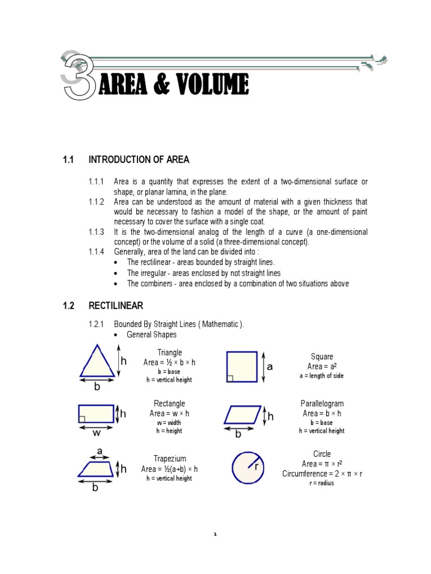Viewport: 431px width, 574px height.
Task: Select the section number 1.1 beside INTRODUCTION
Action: coord(68,160)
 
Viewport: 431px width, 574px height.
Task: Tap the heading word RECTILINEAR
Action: coord(116,305)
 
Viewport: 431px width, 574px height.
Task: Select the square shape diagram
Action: coord(241,367)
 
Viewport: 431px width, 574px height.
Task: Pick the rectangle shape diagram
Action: coord(96,414)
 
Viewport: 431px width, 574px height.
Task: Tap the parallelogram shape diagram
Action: coord(242,415)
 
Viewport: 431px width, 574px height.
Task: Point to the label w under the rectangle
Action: coord(97,432)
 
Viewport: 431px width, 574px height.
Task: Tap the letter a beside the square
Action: coord(269,367)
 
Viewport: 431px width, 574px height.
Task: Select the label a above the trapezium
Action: coord(100,451)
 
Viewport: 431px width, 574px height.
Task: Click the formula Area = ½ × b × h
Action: coord(169,363)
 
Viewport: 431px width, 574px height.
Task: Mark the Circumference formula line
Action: coord(322,474)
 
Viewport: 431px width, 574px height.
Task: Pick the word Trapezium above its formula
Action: coord(169,459)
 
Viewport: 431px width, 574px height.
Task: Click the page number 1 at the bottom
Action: coord(215,535)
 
